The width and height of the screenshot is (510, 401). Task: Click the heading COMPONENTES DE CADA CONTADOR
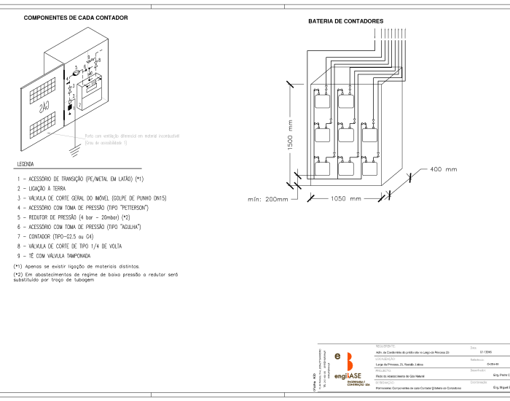76,17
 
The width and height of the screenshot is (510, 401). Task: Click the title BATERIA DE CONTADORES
345,22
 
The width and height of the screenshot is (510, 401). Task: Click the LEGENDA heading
25,165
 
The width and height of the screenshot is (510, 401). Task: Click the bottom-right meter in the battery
370,168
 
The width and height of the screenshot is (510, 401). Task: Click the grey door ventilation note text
131,139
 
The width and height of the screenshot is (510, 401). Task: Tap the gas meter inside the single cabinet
90,92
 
